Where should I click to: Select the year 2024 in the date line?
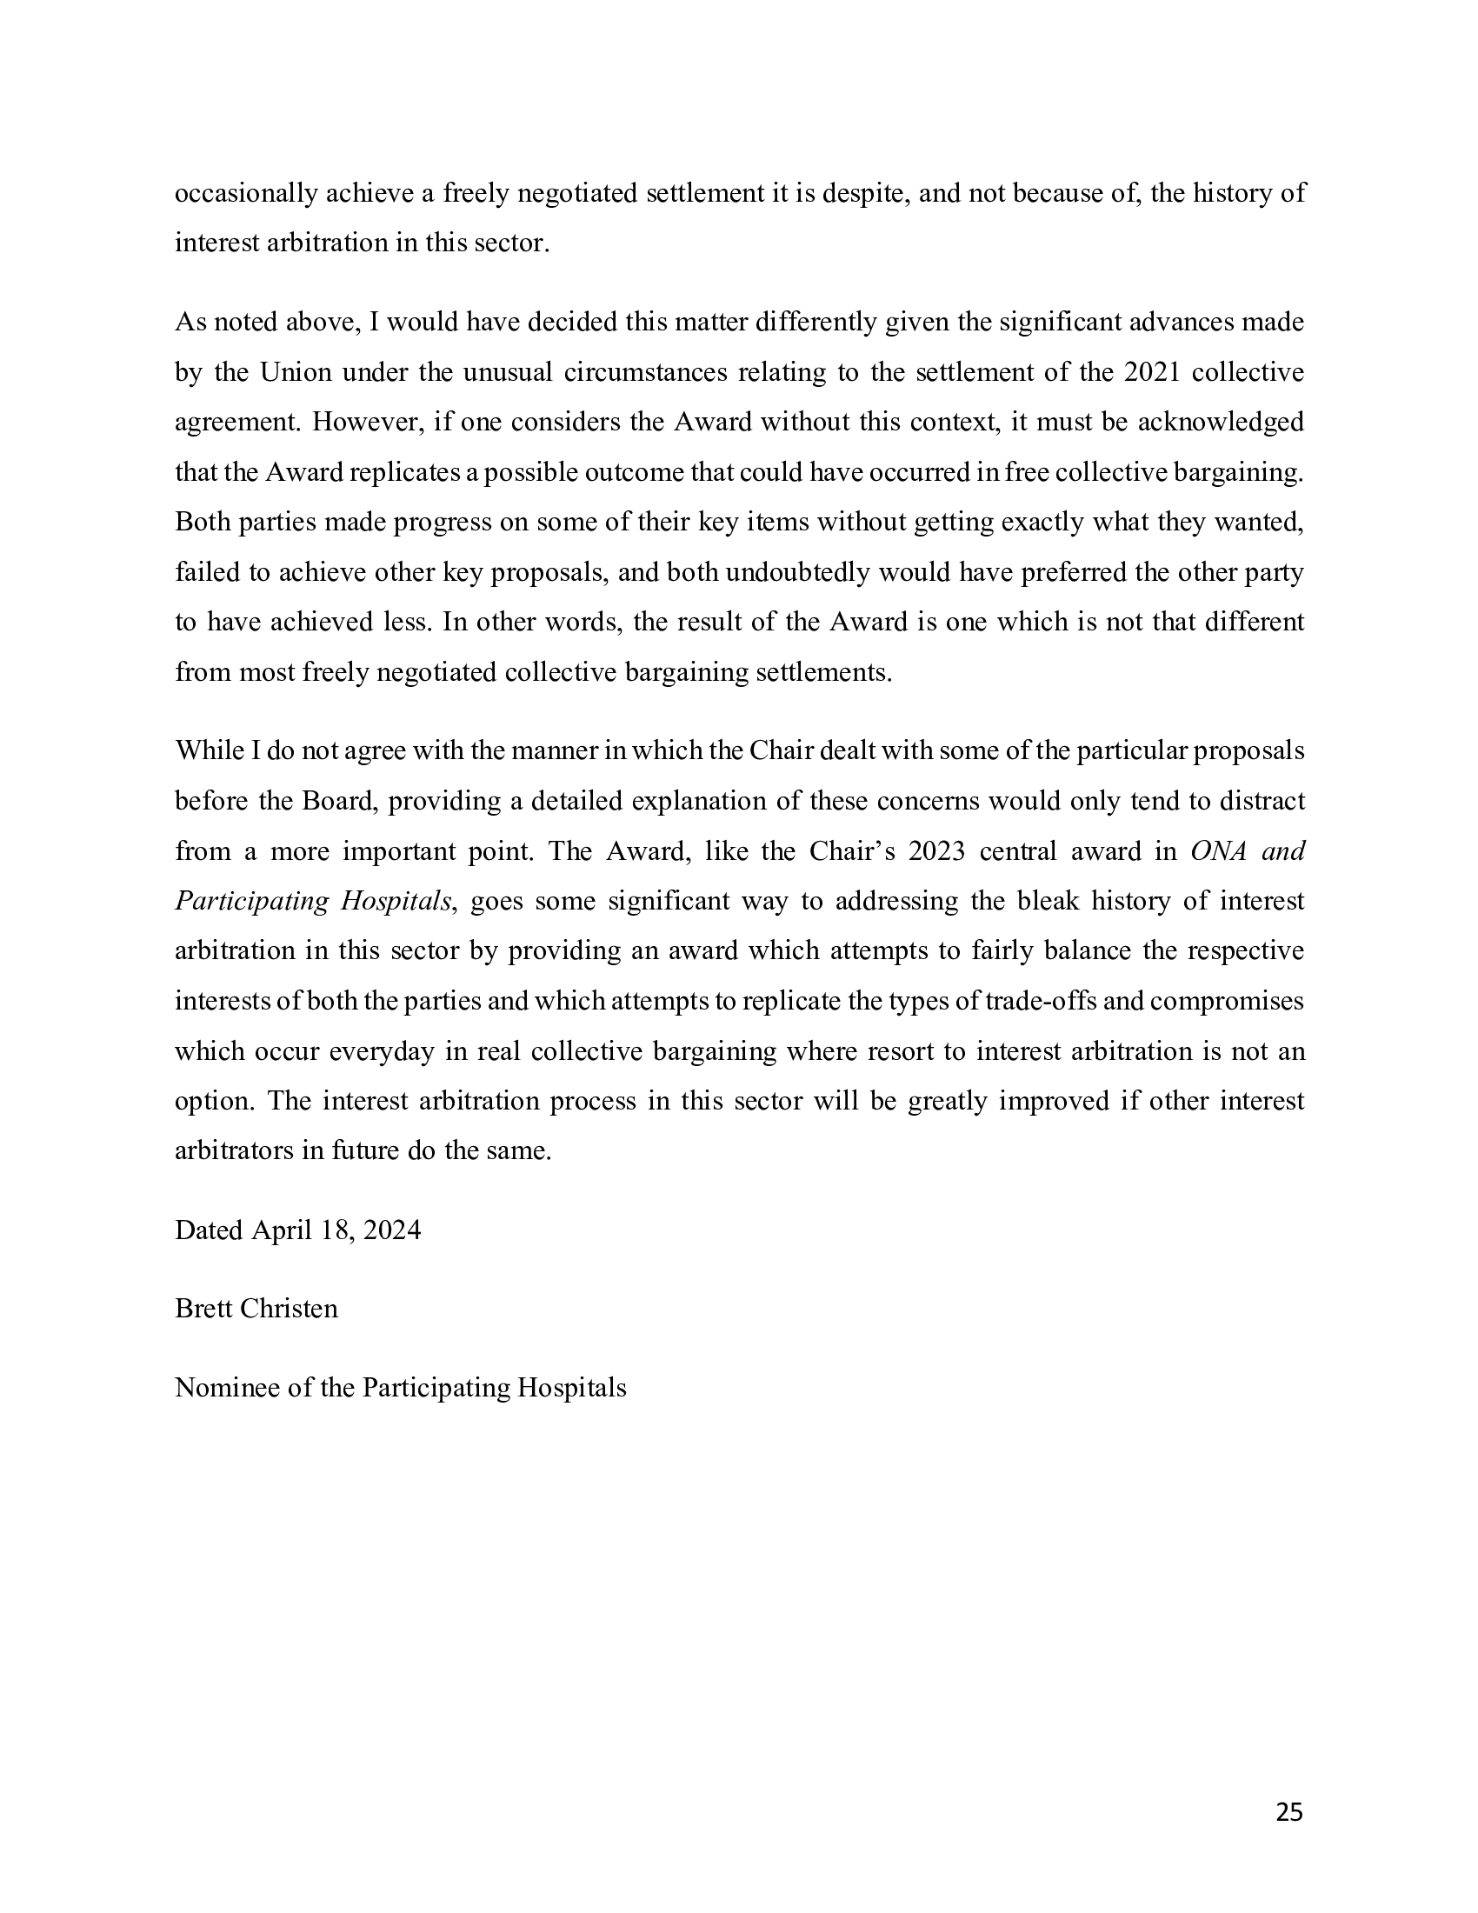(391, 1230)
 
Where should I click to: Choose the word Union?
(295, 372)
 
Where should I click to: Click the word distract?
(1262, 802)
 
